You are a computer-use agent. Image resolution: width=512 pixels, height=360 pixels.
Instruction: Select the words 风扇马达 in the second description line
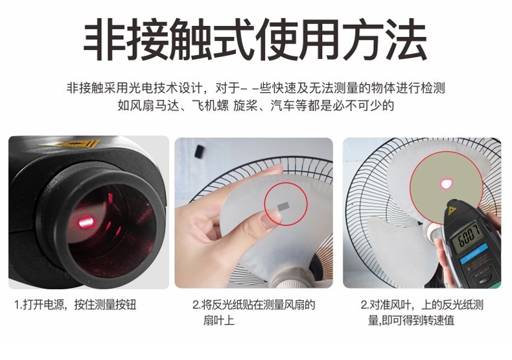pyautogui.click(x=154, y=105)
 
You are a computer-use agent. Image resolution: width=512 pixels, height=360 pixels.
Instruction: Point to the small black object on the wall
pyautogui.click(x=199, y=152)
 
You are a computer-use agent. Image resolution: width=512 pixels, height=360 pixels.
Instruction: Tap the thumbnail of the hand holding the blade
pyautogui.click(x=253, y=213)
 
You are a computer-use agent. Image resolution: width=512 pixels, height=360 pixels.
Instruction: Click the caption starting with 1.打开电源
pyautogui.click(x=76, y=305)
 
